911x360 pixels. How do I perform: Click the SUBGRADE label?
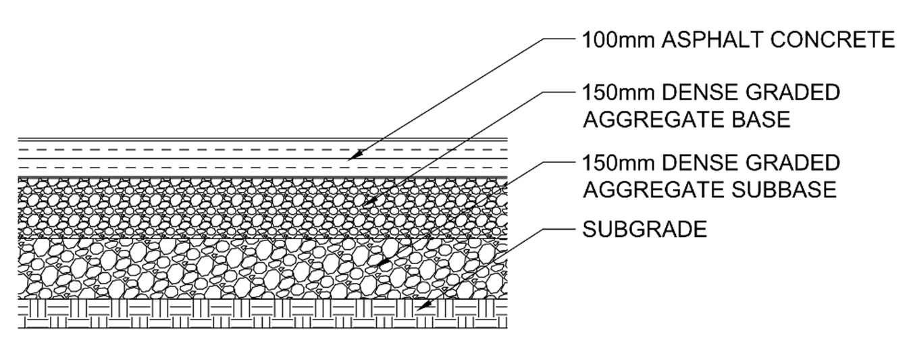[x=644, y=230]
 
